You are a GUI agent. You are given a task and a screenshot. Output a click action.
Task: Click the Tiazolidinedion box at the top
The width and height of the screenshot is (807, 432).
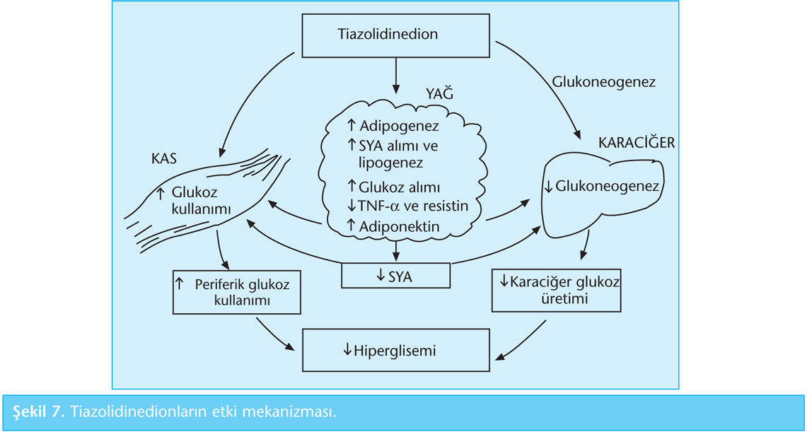point(396,35)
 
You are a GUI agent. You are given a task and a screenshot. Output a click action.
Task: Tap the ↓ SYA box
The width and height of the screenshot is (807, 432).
point(395,276)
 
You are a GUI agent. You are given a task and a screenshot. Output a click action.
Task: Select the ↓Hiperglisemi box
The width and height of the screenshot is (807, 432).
point(395,350)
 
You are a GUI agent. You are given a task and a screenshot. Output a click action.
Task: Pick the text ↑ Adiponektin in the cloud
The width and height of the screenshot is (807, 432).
point(394,227)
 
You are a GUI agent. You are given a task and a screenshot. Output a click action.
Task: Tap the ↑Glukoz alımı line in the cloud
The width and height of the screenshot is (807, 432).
point(394,187)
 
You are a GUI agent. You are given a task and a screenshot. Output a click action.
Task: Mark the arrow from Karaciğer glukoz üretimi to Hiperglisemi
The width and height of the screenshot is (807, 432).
point(523,339)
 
